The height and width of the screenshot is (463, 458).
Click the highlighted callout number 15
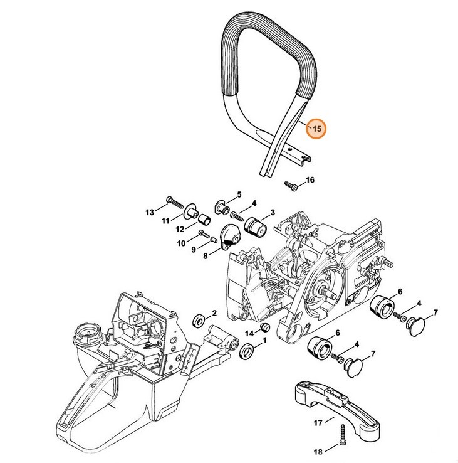click(316, 129)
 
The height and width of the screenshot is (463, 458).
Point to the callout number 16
click(310, 181)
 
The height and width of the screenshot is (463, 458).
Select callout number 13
click(150, 213)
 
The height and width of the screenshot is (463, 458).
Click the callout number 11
click(165, 221)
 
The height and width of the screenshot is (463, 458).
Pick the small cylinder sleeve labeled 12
click(204, 218)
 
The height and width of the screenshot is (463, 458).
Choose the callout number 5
click(239, 195)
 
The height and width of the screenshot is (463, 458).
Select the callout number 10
click(180, 243)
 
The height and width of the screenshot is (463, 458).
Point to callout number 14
click(249, 333)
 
